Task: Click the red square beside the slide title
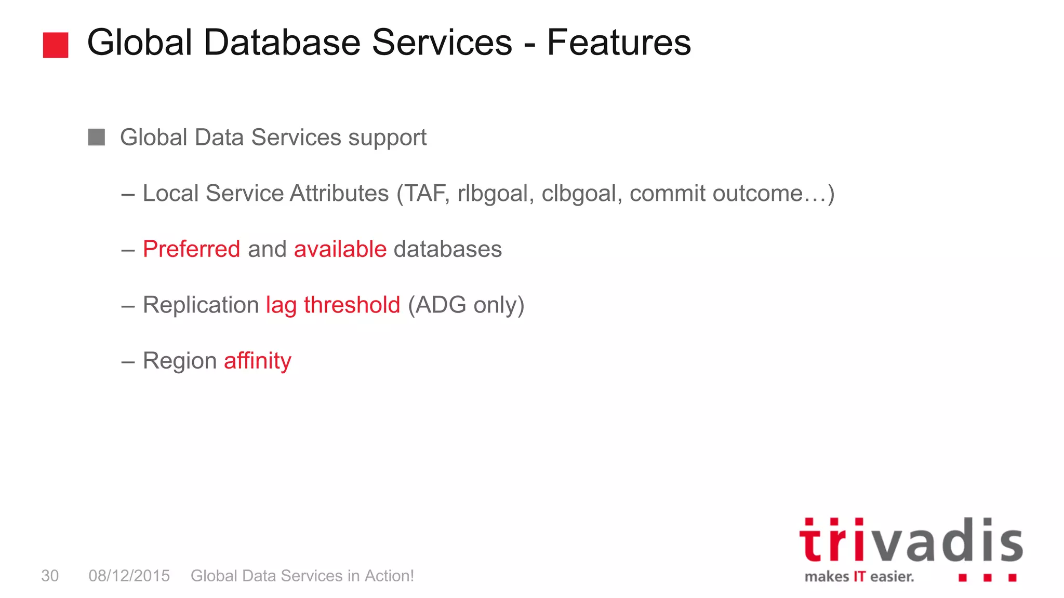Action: coord(56,45)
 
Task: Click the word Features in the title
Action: coord(619,43)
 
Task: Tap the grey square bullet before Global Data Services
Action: coord(97,138)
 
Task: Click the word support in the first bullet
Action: coord(387,138)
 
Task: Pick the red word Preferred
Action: coord(191,249)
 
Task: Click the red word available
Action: coord(340,249)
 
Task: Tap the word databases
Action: coord(448,249)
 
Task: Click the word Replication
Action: coord(201,305)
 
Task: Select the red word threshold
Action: coord(352,305)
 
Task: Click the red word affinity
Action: coord(258,361)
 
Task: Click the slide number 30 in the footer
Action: coord(50,576)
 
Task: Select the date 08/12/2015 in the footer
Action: coord(129,576)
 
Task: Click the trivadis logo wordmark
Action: coord(911,541)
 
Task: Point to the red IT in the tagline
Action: coord(859,577)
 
